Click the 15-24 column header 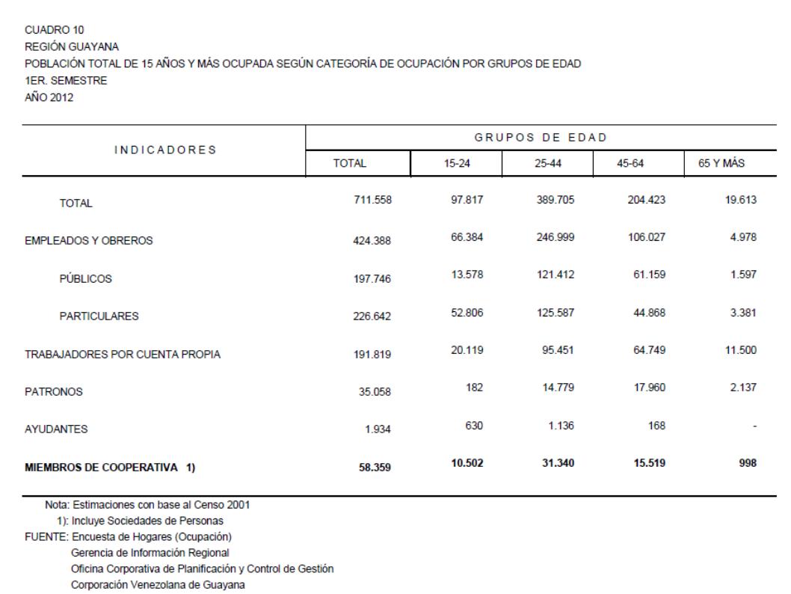(455, 162)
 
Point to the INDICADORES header (164, 150)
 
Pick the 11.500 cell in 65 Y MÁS (740, 350)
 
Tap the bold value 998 (748, 463)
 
